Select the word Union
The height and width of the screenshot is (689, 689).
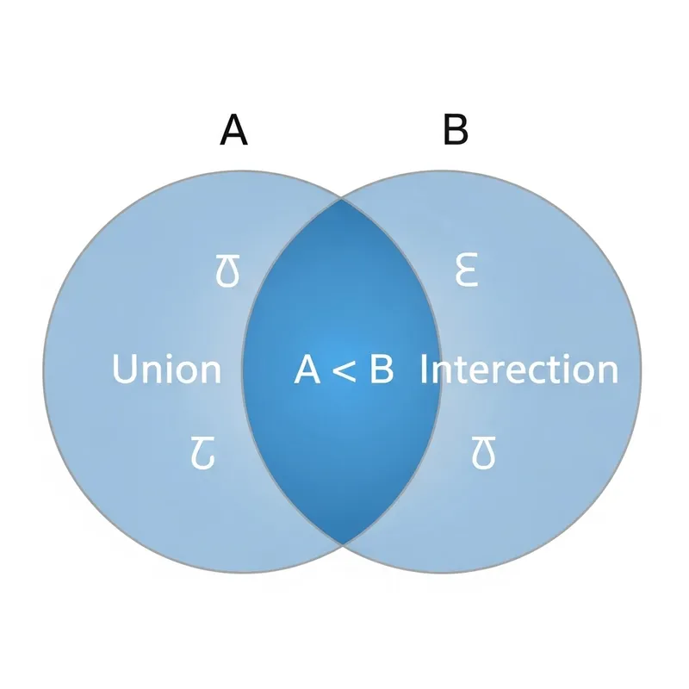click(x=166, y=369)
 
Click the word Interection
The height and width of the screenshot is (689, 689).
click(x=518, y=369)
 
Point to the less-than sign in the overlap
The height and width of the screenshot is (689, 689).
click(x=344, y=370)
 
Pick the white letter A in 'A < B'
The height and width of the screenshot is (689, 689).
click(x=307, y=369)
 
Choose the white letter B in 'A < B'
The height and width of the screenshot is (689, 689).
click(x=381, y=369)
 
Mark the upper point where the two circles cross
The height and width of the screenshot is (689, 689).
click(x=342, y=199)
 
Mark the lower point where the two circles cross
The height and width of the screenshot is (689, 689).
click(x=342, y=543)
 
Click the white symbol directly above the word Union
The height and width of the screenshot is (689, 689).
click(x=227, y=272)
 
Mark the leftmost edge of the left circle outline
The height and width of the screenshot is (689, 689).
click(x=43, y=370)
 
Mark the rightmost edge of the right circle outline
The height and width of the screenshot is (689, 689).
click(x=642, y=370)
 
